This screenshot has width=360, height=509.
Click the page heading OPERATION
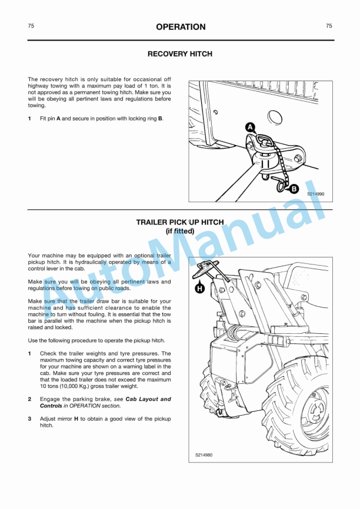[x=180, y=27]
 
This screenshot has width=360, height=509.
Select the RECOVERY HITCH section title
[x=180, y=54]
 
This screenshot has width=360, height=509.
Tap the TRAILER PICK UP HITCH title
[x=180, y=223]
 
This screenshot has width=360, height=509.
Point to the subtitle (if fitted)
[x=180, y=232]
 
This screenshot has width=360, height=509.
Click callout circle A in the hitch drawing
[x=249, y=127]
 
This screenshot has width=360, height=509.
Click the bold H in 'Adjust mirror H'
[x=76, y=418]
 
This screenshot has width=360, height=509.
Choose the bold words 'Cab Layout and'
[x=148, y=399]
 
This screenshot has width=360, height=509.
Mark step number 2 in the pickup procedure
[x=30, y=399]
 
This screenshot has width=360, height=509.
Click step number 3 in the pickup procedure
[x=30, y=418]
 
